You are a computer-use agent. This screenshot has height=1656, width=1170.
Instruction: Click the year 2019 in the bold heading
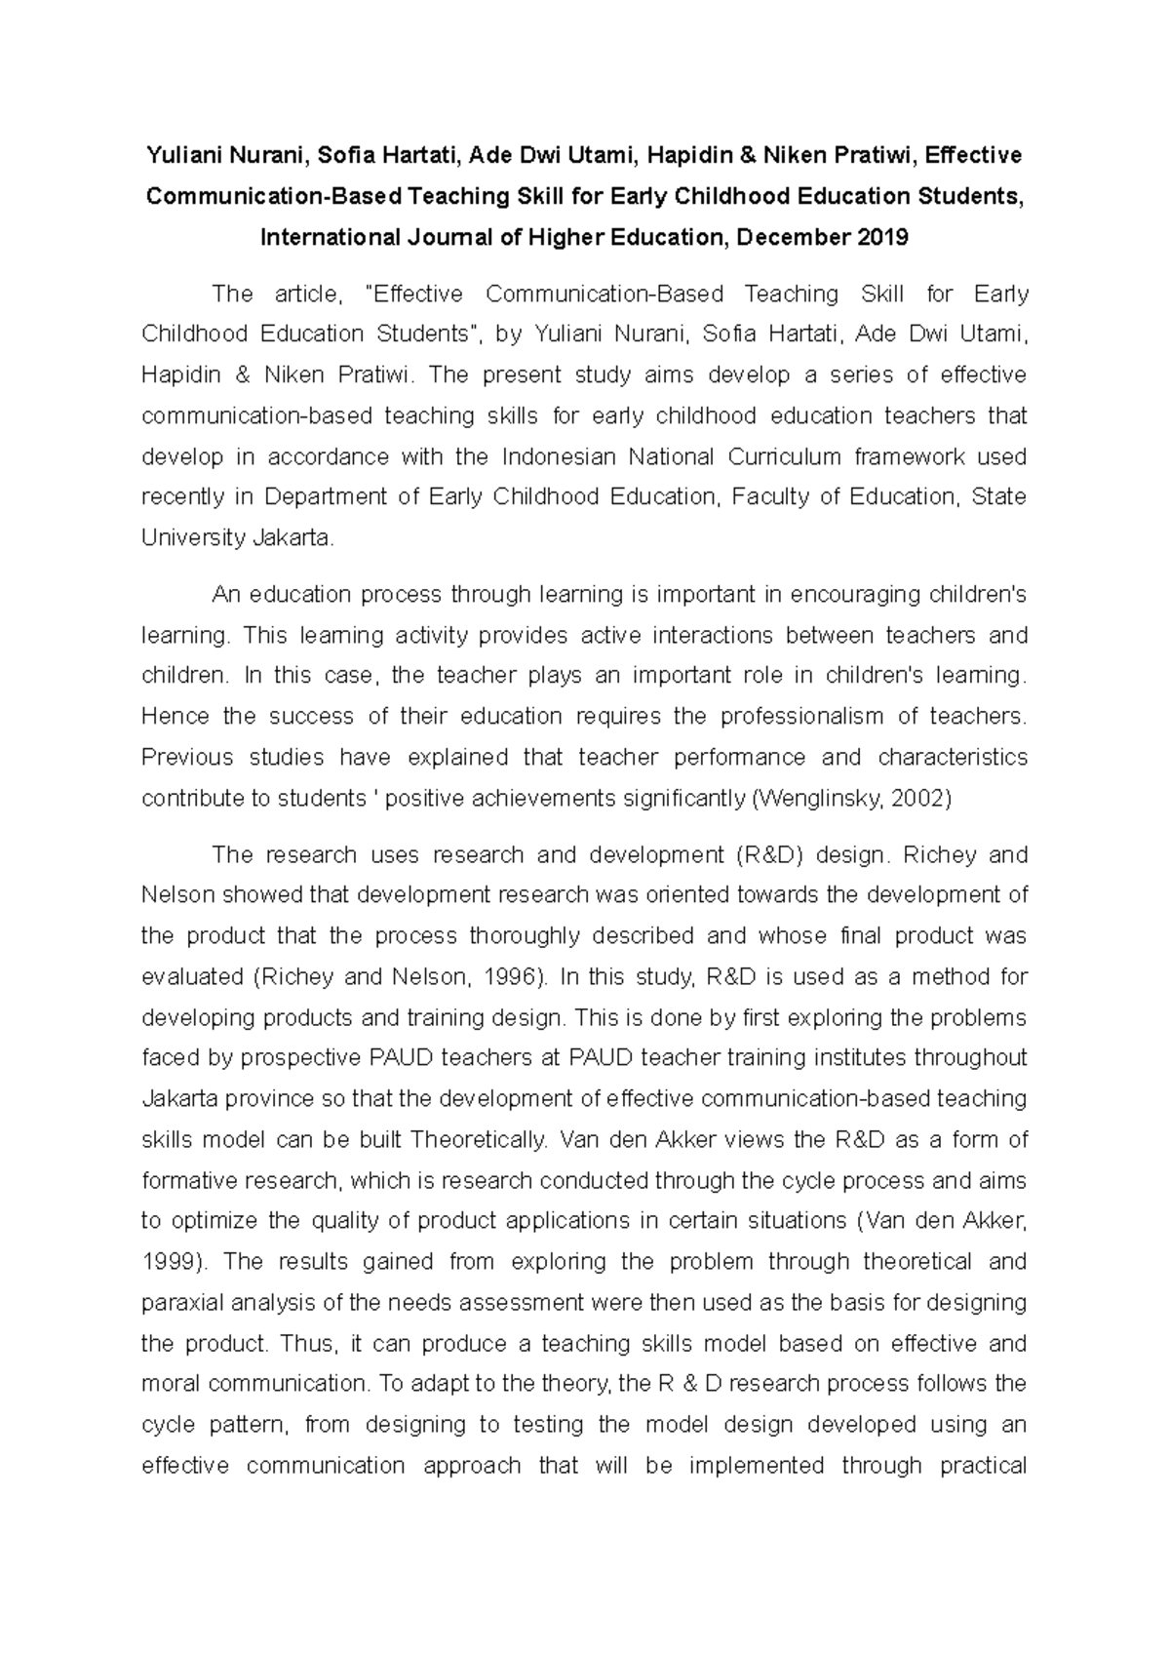point(882,237)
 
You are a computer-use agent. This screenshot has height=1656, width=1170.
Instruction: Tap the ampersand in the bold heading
point(748,155)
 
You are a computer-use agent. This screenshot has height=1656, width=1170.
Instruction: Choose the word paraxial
point(181,1303)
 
